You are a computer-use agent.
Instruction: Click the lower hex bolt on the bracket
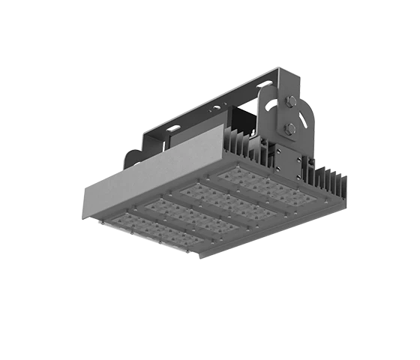289,128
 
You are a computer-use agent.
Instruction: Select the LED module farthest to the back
264,186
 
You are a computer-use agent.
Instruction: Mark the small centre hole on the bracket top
217,108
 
